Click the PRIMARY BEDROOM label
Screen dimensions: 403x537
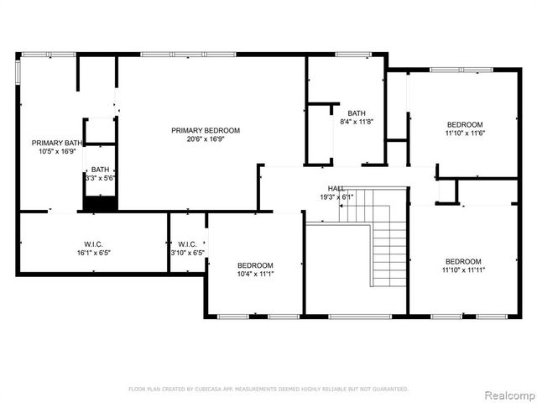(206, 130)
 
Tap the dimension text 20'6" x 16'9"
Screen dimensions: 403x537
(206, 139)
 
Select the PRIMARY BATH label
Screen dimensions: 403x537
(51, 143)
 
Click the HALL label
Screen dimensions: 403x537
(336, 189)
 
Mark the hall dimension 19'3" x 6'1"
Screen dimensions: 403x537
(336, 197)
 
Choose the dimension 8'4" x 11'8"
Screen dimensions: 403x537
(357, 122)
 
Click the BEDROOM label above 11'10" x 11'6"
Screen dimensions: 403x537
(464, 123)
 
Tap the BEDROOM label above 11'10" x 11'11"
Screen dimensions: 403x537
(464, 260)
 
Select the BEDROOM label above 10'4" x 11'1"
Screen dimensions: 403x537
(255, 264)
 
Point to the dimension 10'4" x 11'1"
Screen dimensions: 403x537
(255, 274)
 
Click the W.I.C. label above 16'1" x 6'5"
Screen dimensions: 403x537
(93, 243)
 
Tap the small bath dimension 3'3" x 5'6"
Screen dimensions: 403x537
(100, 178)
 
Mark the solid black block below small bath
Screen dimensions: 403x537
(100, 202)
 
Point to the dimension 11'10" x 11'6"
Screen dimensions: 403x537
(464, 132)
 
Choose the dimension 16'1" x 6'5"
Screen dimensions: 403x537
(93, 251)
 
